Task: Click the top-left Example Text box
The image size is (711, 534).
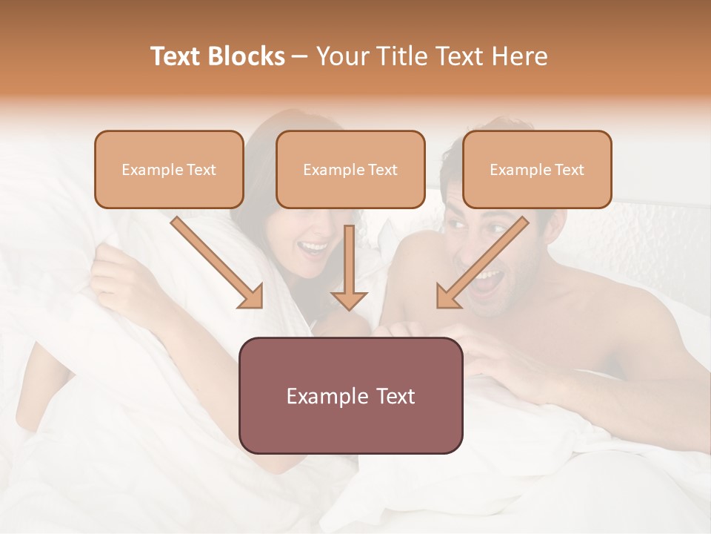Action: click(x=169, y=169)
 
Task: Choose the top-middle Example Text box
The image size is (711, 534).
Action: click(x=350, y=169)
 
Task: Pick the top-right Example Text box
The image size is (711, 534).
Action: click(x=537, y=169)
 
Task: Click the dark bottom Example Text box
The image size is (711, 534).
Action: click(x=350, y=395)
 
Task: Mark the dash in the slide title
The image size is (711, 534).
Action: click(x=300, y=57)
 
